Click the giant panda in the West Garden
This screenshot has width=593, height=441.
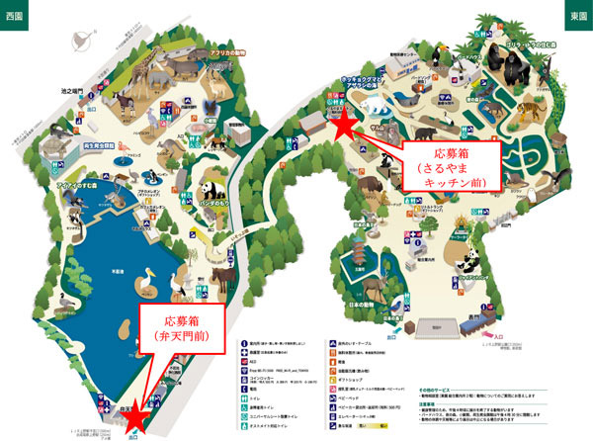[210, 191]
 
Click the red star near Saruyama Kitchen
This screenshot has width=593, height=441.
[343, 126]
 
